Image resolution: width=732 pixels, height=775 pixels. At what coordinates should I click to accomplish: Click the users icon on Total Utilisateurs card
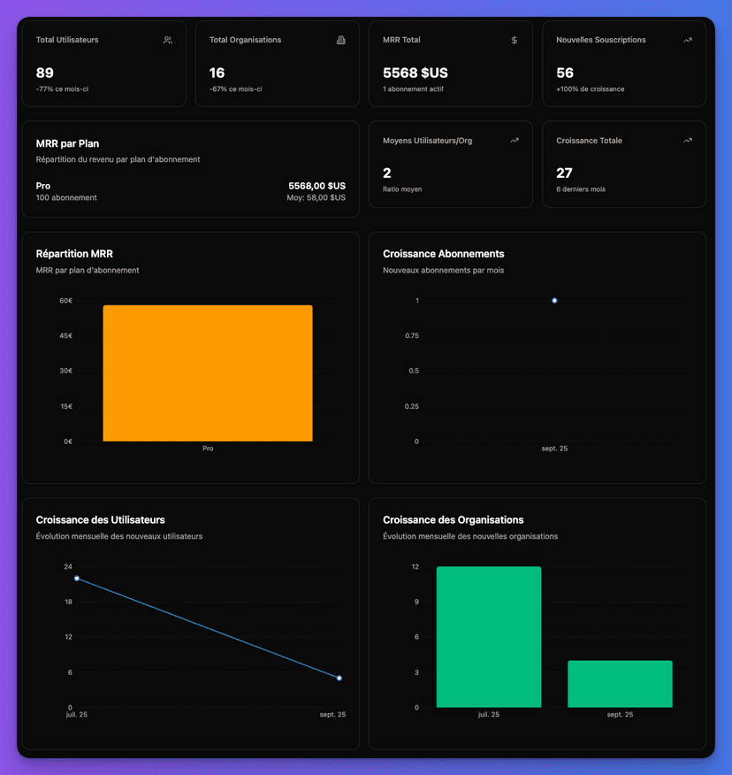(168, 40)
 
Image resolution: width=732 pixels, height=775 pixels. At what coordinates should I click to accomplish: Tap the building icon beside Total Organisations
(341, 40)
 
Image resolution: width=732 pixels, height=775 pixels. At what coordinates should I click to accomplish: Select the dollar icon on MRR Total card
(515, 40)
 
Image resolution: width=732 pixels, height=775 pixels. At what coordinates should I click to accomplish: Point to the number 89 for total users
(45, 73)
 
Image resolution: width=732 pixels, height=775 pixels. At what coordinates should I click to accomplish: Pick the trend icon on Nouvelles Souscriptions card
(688, 40)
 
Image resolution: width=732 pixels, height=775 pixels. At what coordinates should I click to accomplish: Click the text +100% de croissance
(591, 89)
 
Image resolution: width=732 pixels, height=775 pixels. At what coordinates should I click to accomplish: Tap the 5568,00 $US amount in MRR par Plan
(316, 186)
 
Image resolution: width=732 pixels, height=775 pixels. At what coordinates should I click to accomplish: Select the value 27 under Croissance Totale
(564, 173)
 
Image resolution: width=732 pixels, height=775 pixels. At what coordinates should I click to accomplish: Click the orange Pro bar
(208, 372)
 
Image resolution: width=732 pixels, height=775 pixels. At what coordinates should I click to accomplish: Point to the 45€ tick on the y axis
(66, 336)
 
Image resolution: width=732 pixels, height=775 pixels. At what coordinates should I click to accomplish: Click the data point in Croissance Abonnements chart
(554, 301)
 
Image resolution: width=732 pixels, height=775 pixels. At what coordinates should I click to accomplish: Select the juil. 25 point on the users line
(77, 579)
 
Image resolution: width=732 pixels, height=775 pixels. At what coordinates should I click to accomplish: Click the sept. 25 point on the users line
(339, 679)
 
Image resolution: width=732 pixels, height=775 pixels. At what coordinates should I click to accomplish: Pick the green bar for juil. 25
(489, 637)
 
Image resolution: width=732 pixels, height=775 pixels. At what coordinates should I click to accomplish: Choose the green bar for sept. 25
(620, 684)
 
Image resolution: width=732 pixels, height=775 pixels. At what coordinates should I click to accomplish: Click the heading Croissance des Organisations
(453, 519)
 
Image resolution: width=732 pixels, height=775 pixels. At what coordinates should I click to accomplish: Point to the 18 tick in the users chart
(68, 602)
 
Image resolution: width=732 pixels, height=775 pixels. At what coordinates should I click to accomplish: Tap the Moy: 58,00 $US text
(316, 198)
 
